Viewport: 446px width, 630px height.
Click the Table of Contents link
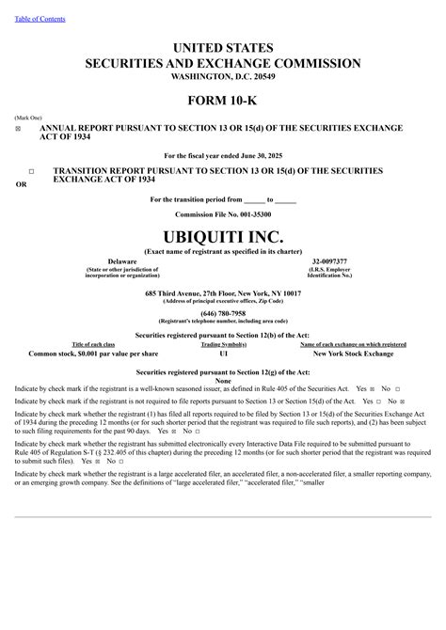point(39,19)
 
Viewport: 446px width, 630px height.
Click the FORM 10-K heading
point(222,100)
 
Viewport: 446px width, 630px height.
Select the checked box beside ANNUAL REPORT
point(18,128)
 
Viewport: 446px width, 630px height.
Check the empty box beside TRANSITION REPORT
point(31,170)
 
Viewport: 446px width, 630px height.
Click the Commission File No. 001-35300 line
point(223,214)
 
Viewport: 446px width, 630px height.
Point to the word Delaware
point(122,260)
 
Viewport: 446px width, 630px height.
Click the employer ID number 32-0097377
point(328,260)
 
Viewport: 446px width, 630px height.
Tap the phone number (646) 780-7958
point(223,313)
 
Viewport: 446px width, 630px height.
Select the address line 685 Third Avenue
point(223,293)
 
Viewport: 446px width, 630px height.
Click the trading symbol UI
point(223,354)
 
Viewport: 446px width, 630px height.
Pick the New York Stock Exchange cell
point(353,354)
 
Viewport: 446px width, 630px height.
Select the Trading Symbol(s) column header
point(223,345)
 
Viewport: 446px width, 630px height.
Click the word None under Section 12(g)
point(223,380)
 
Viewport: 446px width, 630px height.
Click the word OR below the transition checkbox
point(22,184)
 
